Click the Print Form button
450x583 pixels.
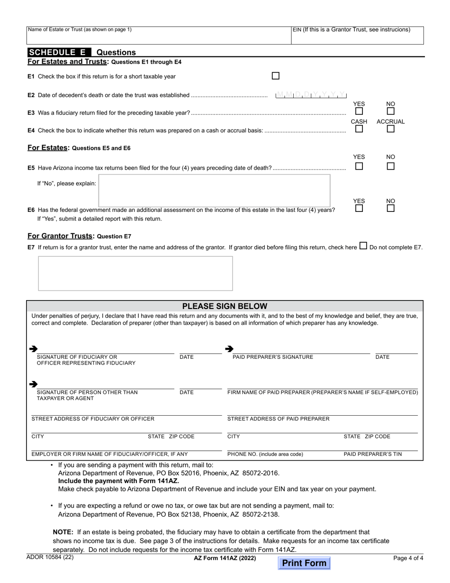click(304, 563)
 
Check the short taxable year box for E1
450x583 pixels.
click(276, 76)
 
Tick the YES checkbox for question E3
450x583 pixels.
click(359, 111)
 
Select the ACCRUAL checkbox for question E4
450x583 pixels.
click(390, 129)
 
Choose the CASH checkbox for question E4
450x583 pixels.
click(359, 129)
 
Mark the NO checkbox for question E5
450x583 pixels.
click(390, 166)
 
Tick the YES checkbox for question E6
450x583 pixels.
click(359, 208)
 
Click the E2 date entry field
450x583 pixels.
click(311, 95)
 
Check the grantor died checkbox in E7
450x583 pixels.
click(363, 246)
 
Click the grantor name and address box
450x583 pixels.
click(135, 273)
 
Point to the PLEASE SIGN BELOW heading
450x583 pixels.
click(225, 306)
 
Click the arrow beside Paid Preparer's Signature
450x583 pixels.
click(229, 349)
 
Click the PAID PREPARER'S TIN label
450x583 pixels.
click(372, 454)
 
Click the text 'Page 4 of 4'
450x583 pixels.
click(408, 558)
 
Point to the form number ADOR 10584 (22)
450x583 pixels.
click(50, 557)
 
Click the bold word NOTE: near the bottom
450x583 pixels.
click(63, 532)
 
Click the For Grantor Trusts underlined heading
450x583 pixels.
click(60, 236)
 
